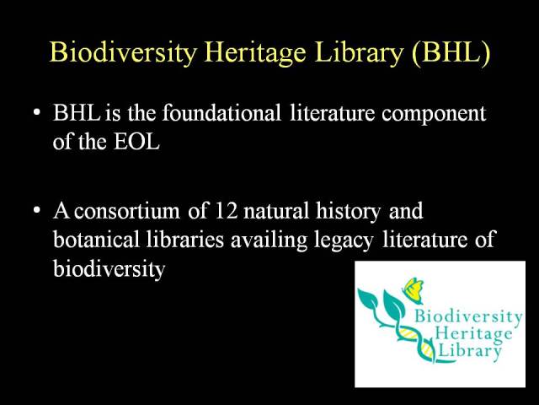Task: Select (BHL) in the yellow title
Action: [x=451, y=52]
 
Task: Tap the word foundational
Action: [x=221, y=112]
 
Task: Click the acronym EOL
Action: [x=136, y=141]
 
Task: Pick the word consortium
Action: [x=127, y=210]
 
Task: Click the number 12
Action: [x=226, y=210]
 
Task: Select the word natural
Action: [x=276, y=210]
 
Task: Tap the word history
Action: [x=348, y=211]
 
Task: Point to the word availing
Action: [x=269, y=240]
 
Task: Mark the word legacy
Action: [x=344, y=240]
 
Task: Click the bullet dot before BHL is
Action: [x=37, y=112]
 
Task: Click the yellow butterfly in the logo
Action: [x=414, y=290]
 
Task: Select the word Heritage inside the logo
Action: [x=473, y=334]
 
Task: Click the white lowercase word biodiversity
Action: [x=109, y=268]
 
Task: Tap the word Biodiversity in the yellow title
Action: [x=124, y=52]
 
